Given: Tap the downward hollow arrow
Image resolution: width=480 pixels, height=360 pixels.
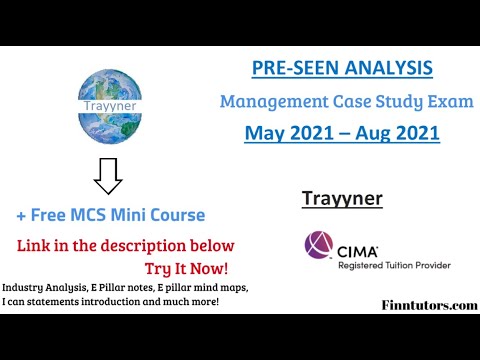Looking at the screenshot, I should point(106,178).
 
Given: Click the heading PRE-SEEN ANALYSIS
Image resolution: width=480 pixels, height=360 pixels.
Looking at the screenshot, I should point(342,68).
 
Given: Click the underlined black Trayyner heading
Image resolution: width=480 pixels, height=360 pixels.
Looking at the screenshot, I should point(342,198).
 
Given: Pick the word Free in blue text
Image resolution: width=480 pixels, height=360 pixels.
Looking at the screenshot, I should point(53,215).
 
